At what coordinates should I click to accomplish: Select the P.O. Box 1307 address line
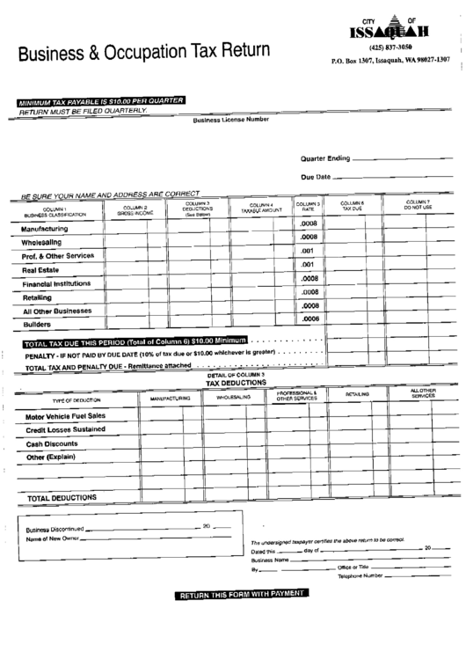point(390,62)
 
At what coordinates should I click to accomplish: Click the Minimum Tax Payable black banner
point(98,101)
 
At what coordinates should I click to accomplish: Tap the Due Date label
point(315,177)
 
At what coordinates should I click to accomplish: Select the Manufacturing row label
point(52,228)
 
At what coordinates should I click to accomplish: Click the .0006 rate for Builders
point(308,319)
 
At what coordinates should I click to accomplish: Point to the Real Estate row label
point(41,269)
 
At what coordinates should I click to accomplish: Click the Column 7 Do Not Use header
point(418,205)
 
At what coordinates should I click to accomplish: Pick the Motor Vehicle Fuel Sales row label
point(65,415)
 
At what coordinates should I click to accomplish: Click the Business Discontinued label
point(57,529)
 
